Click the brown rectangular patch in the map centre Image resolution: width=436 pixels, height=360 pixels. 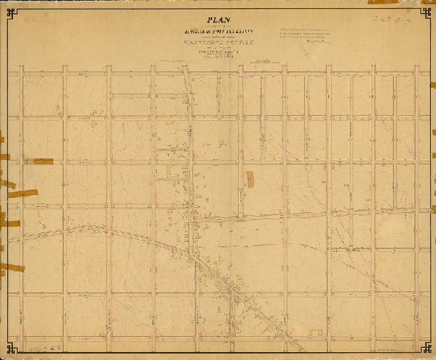(x=250, y=179)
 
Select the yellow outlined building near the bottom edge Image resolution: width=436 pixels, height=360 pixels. (x=315, y=332)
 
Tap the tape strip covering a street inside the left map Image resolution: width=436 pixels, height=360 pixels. (x=42, y=162)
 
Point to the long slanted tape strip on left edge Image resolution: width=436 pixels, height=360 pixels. (x=20, y=194)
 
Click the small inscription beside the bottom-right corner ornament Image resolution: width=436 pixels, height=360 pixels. (x=399, y=351)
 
